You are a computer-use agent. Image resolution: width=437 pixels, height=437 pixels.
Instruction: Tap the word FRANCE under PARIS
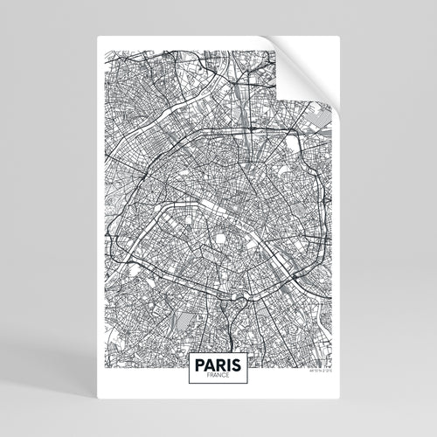coord(218,375)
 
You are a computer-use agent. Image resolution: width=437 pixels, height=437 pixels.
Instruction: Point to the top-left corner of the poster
coord(96,36)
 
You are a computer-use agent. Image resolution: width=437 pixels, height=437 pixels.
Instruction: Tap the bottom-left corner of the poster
coord(96,401)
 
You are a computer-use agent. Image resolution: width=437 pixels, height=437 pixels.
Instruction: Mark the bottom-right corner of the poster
coord(340,401)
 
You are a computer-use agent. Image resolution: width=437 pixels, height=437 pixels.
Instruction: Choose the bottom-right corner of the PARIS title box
coord(249,384)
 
